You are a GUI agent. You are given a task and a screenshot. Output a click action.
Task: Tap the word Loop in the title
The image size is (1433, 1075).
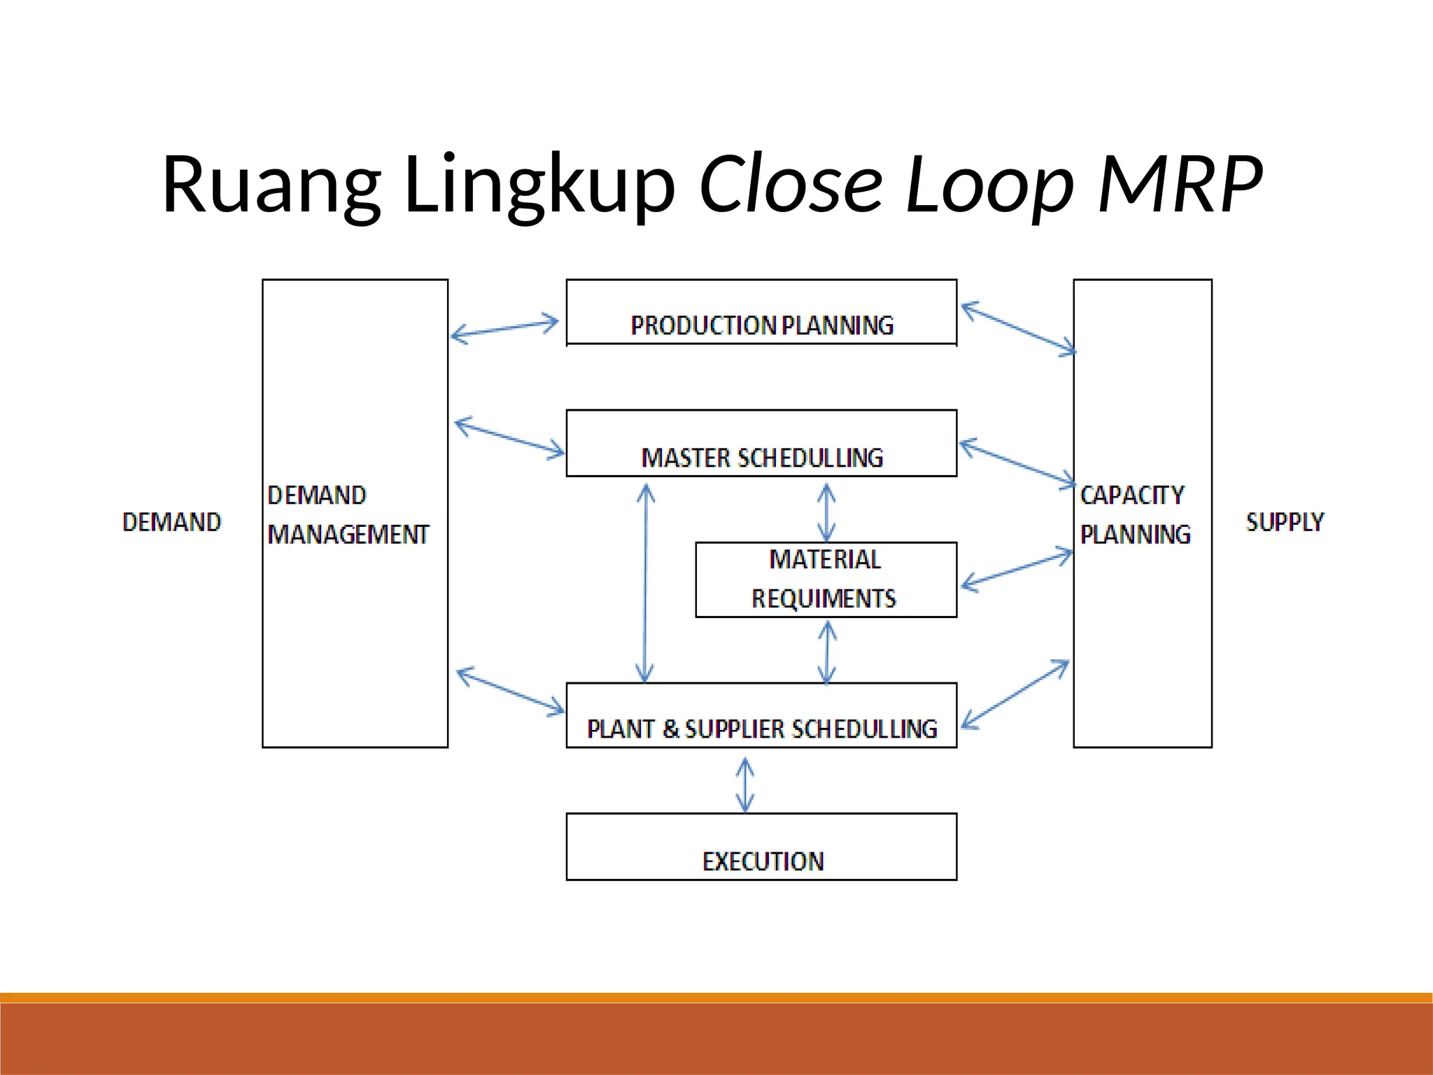click(x=989, y=184)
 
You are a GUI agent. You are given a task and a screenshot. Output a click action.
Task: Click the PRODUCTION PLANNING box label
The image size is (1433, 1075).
click(x=761, y=325)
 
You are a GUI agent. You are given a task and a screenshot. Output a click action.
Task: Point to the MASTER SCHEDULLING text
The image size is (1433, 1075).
click(x=761, y=458)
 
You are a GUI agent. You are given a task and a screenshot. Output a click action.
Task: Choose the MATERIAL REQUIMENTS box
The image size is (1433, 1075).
click(x=825, y=579)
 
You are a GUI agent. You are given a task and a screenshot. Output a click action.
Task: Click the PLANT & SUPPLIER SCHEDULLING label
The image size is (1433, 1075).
click(x=761, y=729)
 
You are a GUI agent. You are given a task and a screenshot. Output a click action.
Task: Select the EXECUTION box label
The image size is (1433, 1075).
click(x=763, y=861)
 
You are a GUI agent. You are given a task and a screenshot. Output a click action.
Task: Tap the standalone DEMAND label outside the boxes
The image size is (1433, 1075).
click(x=171, y=522)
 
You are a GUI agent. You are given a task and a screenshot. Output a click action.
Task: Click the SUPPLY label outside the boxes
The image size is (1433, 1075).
click(x=1285, y=522)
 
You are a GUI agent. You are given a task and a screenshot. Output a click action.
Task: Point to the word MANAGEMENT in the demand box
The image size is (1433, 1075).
click(x=348, y=535)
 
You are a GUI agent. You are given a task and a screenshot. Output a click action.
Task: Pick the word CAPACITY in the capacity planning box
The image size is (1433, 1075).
click(x=1131, y=496)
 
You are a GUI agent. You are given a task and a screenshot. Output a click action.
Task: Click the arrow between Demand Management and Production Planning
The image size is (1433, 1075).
click(x=504, y=329)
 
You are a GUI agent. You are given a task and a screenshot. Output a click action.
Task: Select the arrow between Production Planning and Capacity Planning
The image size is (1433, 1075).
click(x=1019, y=328)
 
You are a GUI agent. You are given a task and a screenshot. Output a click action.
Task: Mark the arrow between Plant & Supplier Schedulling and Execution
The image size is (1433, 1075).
click(x=745, y=785)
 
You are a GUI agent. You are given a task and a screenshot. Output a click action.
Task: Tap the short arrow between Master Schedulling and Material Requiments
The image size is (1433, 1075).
click(x=826, y=512)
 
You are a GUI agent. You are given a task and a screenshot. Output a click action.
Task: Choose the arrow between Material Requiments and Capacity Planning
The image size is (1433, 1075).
click(x=1017, y=570)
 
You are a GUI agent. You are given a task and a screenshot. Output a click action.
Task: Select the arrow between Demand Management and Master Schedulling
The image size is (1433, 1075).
click(x=509, y=438)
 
